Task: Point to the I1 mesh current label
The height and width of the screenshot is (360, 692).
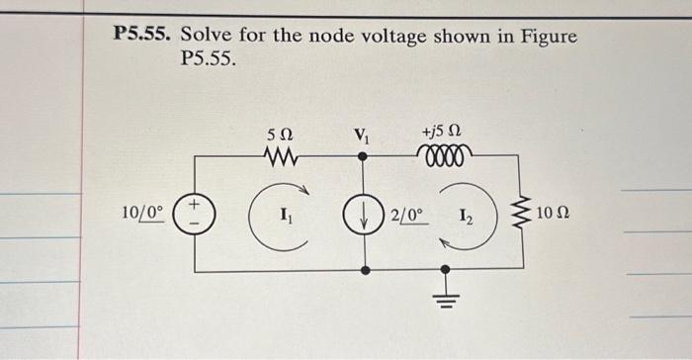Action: click(x=285, y=212)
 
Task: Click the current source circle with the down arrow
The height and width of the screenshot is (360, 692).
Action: click(x=366, y=213)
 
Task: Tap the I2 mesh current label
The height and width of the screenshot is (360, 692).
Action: click(x=469, y=213)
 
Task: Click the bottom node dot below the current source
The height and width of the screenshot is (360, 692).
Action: click(x=366, y=269)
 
